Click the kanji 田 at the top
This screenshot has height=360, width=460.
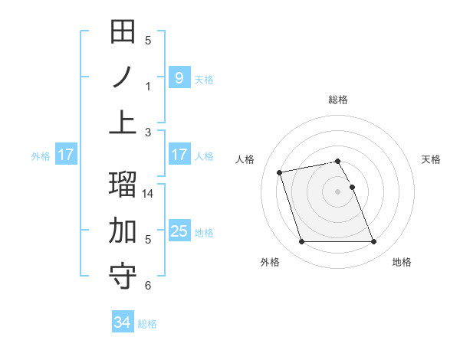[123, 33]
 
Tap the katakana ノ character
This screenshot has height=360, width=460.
[123, 77]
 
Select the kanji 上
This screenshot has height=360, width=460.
[123, 122]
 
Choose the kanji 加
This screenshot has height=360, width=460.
[123, 231]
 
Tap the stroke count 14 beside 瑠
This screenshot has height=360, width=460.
[149, 195]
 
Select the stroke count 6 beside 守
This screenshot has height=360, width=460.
[148, 286]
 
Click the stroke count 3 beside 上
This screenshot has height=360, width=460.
[148, 132]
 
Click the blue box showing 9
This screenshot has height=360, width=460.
[179, 77]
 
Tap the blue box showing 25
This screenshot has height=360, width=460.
[179, 231]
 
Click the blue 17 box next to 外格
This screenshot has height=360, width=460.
[66, 155]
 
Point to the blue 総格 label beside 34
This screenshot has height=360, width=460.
[147, 324]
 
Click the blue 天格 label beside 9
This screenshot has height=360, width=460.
[204, 79]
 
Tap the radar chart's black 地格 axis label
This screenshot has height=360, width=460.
[402, 262]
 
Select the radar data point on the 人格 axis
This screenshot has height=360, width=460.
[280, 172]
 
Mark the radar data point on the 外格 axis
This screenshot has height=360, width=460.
[301, 242]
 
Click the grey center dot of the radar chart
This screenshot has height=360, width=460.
[337, 191]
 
